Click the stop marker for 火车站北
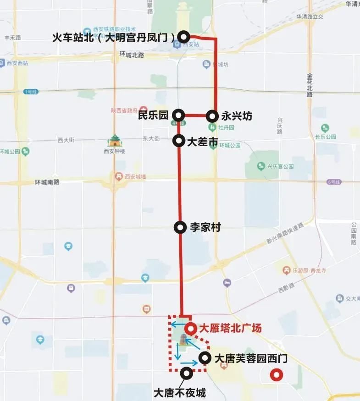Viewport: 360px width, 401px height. pyautogui.click(x=184, y=37)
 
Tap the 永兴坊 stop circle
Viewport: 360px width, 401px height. pyautogui.click(x=212, y=115)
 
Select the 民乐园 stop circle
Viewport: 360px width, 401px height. pyautogui.click(x=178, y=115)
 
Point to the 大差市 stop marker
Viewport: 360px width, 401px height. pyautogui.click(x=178, y=141)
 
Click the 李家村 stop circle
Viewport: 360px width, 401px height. pyautogui.click(x=180, y=227)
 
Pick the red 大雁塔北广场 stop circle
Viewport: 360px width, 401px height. pyautogui.click(x=190, y=328)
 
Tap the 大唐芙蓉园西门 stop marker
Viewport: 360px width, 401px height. pyautogui.click(x=205, y=358)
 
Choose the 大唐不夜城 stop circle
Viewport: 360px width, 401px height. pyautogui.click(x=187, y=372)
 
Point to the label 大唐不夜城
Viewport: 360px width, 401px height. pyautogui.click(x=179, y=393)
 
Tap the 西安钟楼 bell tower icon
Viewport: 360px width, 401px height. pyautogui.click(x=114, y=140)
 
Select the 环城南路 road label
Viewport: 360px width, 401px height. pyautogui.click(x=47, y=182)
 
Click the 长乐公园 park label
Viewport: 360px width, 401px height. pyautogui.click(x=326, y=137)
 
